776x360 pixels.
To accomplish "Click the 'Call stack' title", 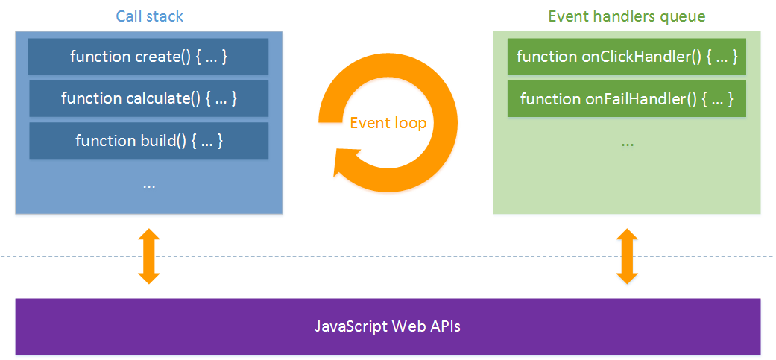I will click(x=149, y=16).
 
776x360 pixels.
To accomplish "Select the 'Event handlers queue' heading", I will click(x=626, y=16).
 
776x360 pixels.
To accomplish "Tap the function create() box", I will click(x=148, y=57).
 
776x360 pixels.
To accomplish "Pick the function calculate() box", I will click(x=148, y=98).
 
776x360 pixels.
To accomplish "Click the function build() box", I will click(x=148, y=140).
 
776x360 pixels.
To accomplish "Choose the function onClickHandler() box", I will click(x=626, y=57).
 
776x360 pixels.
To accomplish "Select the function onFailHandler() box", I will click(x=626, y=98).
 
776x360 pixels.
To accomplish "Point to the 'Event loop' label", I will click(x=388, y=122).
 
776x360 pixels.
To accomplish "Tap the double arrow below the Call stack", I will click(x=149, y=256).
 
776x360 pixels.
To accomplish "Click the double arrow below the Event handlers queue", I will click(x=626, y=256).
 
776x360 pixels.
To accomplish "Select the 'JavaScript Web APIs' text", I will click(x=388, y=326).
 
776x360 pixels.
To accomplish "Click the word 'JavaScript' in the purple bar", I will click(x=349, y=326).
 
